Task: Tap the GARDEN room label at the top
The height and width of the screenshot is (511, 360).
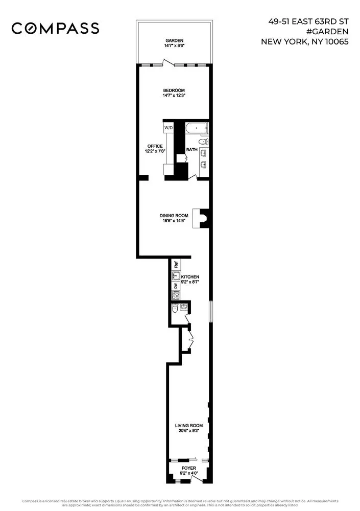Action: tap(174, 40)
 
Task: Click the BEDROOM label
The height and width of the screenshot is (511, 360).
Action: tap(174, 90)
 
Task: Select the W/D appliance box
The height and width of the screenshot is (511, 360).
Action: tap(168, 127)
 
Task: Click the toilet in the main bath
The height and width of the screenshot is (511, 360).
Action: tap(203, 142)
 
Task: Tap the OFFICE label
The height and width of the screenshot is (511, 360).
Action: tap(155, 146)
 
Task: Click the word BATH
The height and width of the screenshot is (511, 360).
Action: tap(192, 150)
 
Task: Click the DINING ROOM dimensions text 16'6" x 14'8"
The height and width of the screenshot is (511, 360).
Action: tap(175, 221)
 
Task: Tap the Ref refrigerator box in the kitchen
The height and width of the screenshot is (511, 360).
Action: tap(176, 265)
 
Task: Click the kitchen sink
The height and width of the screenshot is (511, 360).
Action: tap(175, 276)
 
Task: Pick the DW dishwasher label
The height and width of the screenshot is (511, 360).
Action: tap(175, 287)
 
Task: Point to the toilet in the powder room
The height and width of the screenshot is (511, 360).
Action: tap(175, 309)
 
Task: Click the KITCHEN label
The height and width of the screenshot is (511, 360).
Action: tap(197, 277)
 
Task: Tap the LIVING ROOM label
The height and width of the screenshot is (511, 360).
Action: tap(189, 425)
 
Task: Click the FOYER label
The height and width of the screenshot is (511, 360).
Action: tap(188, 468)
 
